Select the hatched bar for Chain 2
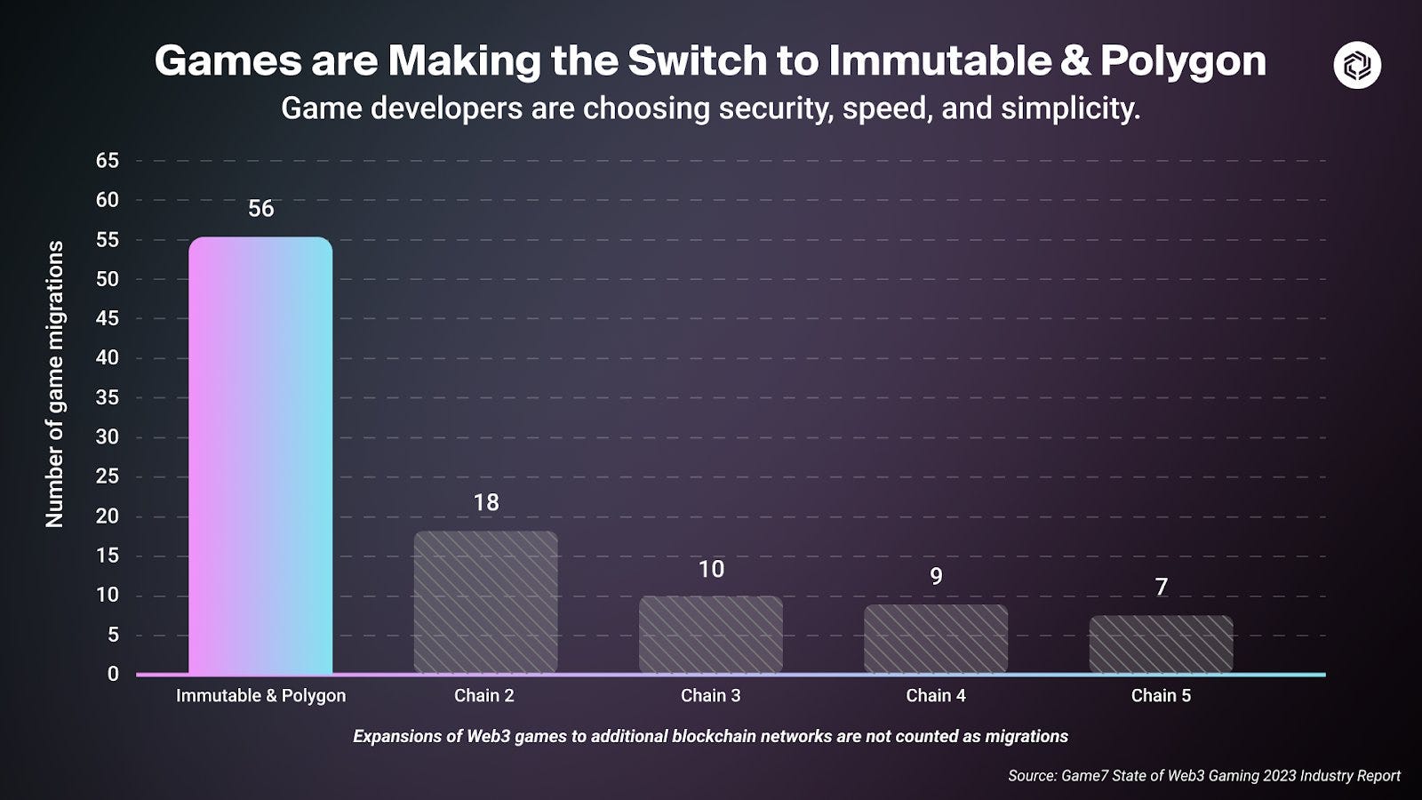point(485,602)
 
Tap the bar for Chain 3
point(711,634)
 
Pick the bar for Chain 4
point(936,638)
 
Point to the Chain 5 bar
point(1161,644)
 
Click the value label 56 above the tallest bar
point(260,209)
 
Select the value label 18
point(485,503)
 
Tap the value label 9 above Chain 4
point(936,577)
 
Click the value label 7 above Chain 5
point(1161,588)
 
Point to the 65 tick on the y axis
point(107,161)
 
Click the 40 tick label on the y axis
point(107,358)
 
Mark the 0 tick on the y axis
point(113,674)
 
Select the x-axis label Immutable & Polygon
point(260,696)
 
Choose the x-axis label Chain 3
point(710,696)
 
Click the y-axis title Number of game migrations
point(55,384)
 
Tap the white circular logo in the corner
point(1357,65)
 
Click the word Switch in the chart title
point(697,61)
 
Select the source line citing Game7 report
point(1203,776)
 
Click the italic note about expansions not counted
point(710,737)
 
